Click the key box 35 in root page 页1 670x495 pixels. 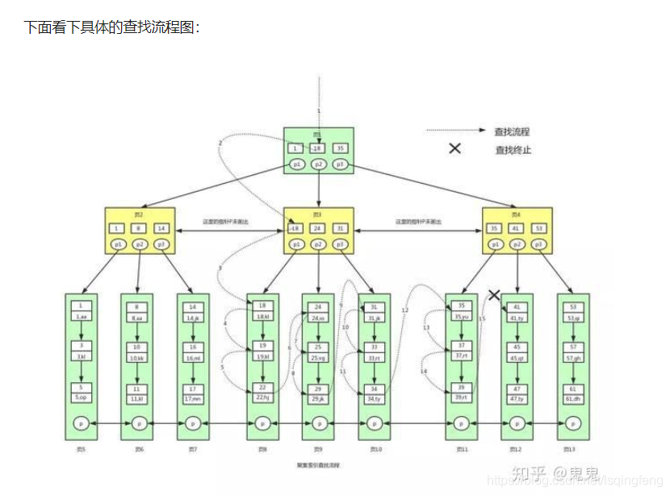point(340,148)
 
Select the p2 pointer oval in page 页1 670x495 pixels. point(318,164)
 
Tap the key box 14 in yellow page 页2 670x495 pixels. point(161,228)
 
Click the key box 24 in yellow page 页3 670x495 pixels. point(318,228)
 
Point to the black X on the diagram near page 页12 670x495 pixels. point(494,295)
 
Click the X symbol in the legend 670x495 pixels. point(454,148)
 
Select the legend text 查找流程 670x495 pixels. point(512,131)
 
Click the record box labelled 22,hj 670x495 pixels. point(262,397)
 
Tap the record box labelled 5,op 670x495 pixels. point(82,397)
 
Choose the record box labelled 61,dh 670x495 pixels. point(572,397)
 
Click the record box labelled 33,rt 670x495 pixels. point(374,357)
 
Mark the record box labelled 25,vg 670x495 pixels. point(317,357)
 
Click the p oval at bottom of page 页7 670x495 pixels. point(192,423)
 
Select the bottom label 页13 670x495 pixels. point(572,448)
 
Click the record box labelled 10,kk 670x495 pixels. point(136,357)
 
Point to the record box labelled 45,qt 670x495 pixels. point(517,357)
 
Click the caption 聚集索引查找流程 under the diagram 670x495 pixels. point(318,466)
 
